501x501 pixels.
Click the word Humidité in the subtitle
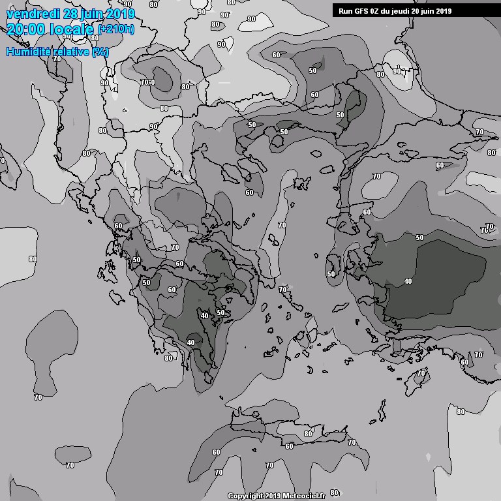point(29,52)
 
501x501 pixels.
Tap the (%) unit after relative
point(100,52)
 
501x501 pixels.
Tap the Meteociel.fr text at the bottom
point(303,496)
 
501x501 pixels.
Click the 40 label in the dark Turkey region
point(408,281)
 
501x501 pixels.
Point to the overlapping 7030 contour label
point(147,82)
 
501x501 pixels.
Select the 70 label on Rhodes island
point(421,372)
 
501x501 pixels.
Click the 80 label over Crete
point(309,434)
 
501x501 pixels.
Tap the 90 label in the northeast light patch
point(397,72)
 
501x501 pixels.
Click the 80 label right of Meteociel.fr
point(334,493)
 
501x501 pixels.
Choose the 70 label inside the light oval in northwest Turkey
point(376,177)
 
